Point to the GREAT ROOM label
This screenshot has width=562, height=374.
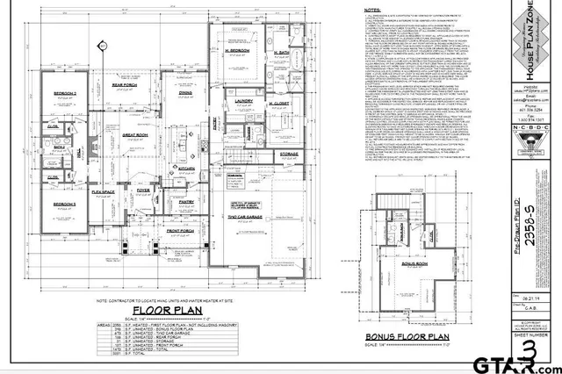[x=134, y=134]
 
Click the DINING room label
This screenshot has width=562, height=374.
[x=185, y=92]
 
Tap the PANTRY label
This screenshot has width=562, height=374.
[x=186, y=202]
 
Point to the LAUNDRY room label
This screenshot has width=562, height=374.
[x=244, y=101]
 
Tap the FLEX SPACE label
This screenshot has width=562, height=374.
[x=104, y=191]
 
